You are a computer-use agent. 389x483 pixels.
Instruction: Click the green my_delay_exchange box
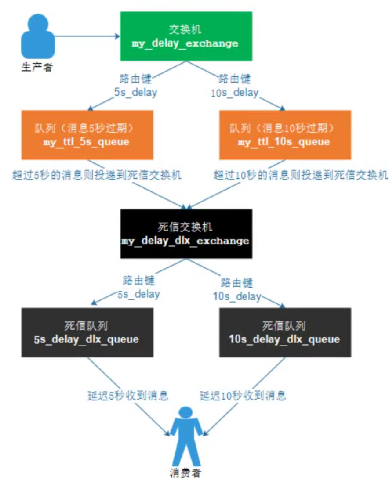point(186,36)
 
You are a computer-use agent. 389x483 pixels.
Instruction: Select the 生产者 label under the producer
point(37,68)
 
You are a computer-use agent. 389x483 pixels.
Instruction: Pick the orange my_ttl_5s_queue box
point(86,134)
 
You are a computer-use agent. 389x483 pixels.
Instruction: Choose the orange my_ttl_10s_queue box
point(285,134)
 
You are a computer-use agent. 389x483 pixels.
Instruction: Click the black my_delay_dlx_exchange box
point(186,233)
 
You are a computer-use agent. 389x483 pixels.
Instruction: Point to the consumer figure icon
point(186,435)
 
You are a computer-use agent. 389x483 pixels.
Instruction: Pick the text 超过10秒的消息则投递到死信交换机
point(301,175)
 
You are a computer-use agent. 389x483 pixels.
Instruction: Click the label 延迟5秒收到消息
point(127,395)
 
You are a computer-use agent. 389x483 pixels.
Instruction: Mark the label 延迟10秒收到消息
point(243,395)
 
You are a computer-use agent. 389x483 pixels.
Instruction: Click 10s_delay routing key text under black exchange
point(236,296)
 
